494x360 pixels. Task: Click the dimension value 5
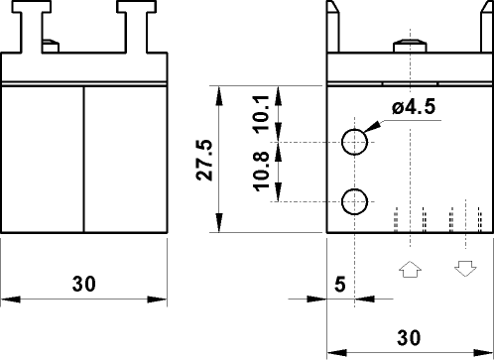coord(339,284)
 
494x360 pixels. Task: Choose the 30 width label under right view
coord(409,335)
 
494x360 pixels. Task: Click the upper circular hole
coord(355,142)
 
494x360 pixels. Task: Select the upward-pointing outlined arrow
coord(409,269)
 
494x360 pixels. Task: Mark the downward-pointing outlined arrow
coord(464,269)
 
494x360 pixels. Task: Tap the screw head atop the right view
coord(410,44)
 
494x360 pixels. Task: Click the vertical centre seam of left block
coord(83,159)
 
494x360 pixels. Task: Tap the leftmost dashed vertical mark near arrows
coord(396,220)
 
